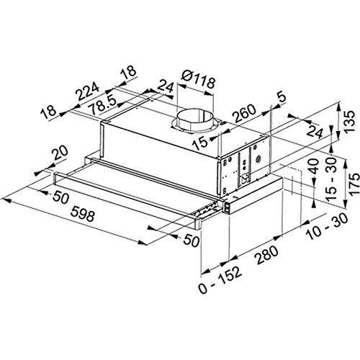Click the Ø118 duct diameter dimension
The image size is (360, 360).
coord(198,79)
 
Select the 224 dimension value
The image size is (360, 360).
coord(87,91)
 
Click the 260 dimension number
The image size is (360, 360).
coord(245,113)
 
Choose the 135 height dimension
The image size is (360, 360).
coord(349,121)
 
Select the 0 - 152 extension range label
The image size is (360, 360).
coord(220,280)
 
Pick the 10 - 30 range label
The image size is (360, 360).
coord(328,226)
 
